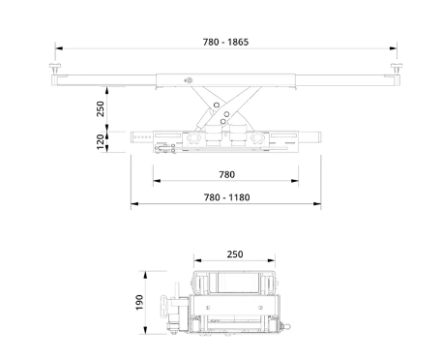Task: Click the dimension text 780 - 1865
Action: coord(225,42)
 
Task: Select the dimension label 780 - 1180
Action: coord(226,197)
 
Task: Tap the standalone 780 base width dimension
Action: coord(226,174)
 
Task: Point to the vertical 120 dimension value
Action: coord(101,142)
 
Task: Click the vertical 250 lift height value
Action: coord(101,108)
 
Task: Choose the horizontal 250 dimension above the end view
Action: coord(235,255)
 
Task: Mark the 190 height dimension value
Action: coord(139,302)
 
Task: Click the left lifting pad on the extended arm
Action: coord(55,68)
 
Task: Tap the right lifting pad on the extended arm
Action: coord(397,68)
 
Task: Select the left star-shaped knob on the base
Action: coord(194,138)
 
